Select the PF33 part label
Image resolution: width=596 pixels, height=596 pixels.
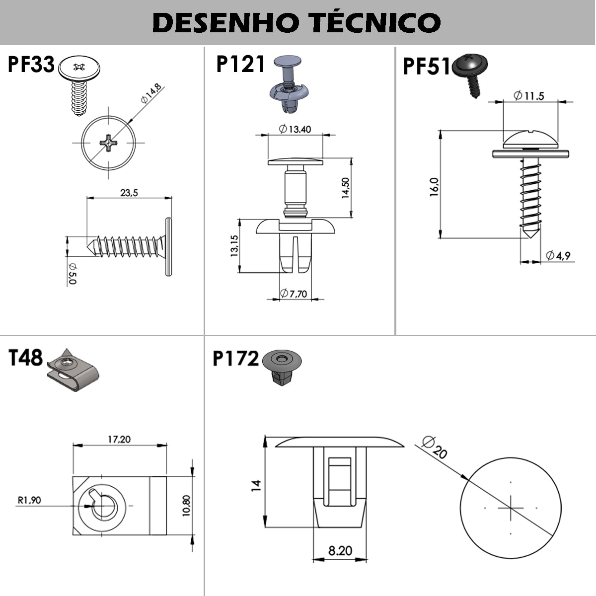[x=31, y=65]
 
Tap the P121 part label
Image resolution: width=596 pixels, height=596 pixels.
[x=240, y=65]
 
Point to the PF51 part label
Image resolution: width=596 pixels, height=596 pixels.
[x=426, y=66]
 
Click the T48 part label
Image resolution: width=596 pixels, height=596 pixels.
[x=26, y=358]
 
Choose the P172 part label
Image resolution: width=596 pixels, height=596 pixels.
[x=235, y=359]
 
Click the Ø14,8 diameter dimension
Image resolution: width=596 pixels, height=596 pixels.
[x=151, y=93]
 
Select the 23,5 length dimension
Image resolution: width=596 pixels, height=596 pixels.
[x=129, y=192]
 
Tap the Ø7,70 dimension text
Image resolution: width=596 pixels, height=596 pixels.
[x=294, y=294]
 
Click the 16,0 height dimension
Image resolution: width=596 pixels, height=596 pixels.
[x=434, y=187]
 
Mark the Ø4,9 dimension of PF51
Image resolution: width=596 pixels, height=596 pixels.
[x=558, y=256]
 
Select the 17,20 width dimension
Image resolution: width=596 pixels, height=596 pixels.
[x=119, y=439]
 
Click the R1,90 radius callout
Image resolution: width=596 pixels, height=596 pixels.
[x=29, y=500]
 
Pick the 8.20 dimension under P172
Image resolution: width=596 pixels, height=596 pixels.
[x=340, y=551]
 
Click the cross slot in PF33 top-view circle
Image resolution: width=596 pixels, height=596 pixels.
[x=108, y=143]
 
